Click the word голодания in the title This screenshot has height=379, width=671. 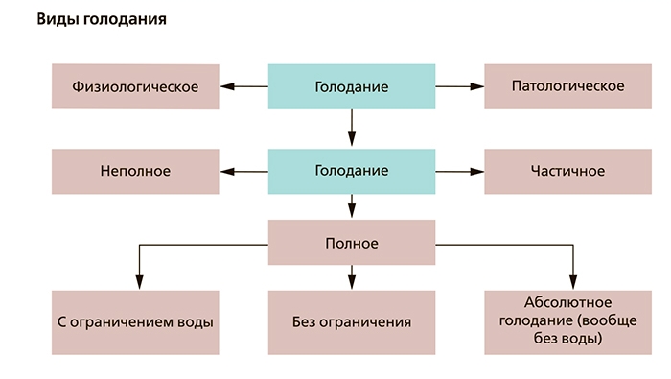123,19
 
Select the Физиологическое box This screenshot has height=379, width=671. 135,87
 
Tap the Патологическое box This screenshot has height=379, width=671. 567,87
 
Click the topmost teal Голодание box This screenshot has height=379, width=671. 351,87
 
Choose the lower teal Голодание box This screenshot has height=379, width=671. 351,171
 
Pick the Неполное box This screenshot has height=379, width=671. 135,171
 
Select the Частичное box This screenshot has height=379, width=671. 567,171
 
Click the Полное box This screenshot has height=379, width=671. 351,243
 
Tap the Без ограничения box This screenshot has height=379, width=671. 351,321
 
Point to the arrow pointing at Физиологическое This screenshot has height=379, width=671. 243,87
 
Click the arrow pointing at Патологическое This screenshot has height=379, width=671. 459,87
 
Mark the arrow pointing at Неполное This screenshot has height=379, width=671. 243,171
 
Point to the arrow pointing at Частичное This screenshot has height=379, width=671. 459,171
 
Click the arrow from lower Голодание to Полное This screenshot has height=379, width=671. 351,206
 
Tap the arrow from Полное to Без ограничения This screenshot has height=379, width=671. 351,278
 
